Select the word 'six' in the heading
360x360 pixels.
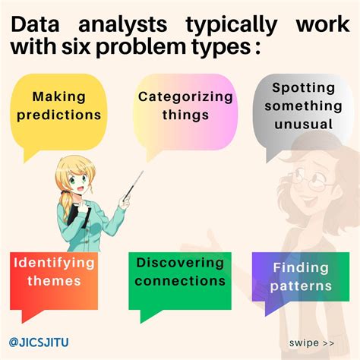[90, 49]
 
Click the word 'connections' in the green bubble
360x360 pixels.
[180, 282]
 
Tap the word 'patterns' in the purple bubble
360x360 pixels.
[302, 286]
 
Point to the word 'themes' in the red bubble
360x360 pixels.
[46, 282]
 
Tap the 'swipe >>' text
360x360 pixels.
[311, 343]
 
